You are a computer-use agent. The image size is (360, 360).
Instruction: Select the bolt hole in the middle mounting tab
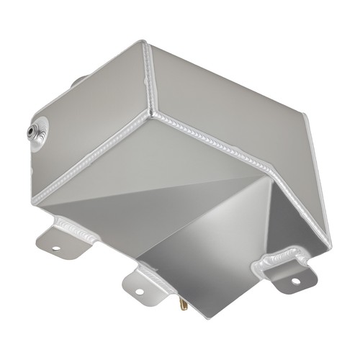point(140,292)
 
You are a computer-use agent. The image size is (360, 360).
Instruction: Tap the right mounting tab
point(288,270)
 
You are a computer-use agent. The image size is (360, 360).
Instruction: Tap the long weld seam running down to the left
point(94,155)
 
